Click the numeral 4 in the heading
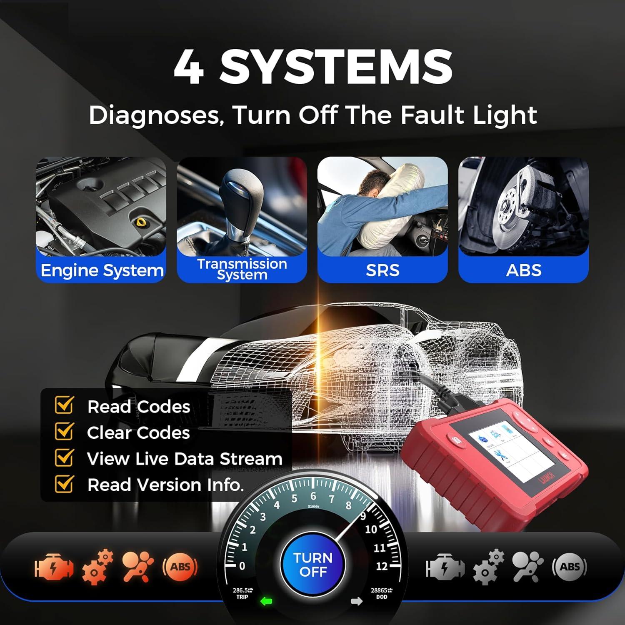coord(189,67)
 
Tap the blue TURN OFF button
coord(313,565)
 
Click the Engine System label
coord(102,270)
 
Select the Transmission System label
coord(242,269)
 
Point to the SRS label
coord(382,270)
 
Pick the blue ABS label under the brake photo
coord(523,270)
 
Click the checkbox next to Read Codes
coord(64,405)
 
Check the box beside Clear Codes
coord(64,432)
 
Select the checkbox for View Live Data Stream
coord(64,457)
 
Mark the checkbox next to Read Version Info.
coord(64,484)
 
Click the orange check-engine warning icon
coord(54,567)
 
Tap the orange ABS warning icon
coord(180,567)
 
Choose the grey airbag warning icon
coord(527,567)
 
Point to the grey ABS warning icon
coord(570,567)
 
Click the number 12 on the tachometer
coord(382,566)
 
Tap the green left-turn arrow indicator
coord(266,601)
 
